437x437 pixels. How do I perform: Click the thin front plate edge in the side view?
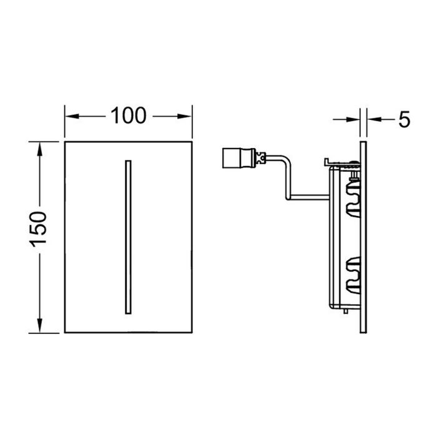pos(363,237)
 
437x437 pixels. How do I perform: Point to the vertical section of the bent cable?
pos(288,181)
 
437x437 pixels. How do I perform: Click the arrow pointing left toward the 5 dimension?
pos(373,119)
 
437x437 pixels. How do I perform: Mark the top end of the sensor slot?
pos(128,162)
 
